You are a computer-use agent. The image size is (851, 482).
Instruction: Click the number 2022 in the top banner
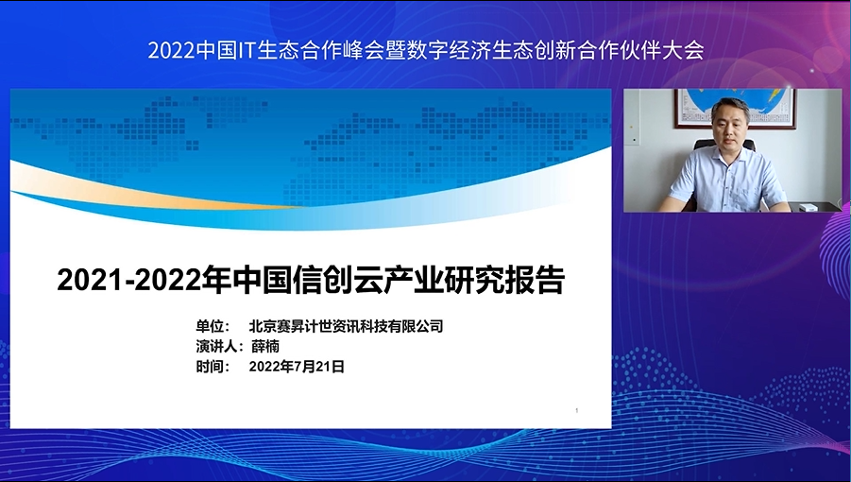click(x=171, y=50)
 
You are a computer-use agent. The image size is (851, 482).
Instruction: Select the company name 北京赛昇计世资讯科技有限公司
click(x=347, y=326)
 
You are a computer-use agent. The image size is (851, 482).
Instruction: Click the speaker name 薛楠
click(x=265, y=346)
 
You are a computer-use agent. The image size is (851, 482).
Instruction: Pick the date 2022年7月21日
click(x=297, y=367)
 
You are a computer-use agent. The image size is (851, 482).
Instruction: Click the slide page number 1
click(x=576, y=411)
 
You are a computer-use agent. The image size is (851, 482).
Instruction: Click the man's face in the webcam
click(x=729, y=126)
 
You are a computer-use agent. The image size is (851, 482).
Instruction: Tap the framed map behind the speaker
click(x=736, y=109)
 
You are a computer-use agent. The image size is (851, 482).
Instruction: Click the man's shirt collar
click(x=730, y=156)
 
